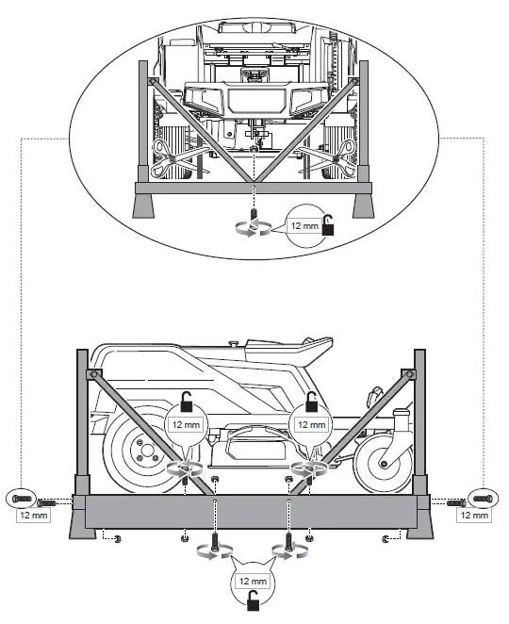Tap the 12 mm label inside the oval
(x=304, y=225)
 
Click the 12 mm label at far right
(x=473, y=516)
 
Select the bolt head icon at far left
(x=23, y=498)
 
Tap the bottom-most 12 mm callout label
(x=252, y=581)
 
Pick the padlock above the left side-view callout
(x=187, y=407)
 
